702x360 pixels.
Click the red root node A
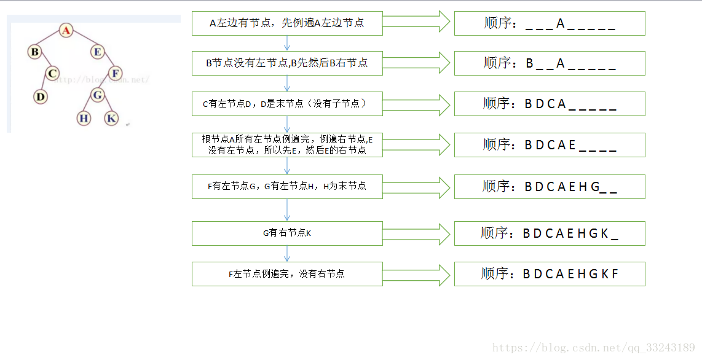click(67, 30)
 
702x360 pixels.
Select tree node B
click(35, 52)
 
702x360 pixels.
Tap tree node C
click(53, 74)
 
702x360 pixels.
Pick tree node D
click(41, 96)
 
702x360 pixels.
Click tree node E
click(98, 52)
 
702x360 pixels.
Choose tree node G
click(97, 95)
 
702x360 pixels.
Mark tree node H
click(84, 118)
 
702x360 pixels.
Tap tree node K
click(111, 118)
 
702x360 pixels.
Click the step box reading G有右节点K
click(287, 233)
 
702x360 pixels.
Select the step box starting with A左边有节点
click(287, 23)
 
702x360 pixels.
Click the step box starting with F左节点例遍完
click(287, 274)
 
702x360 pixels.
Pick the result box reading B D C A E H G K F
click(550, 274)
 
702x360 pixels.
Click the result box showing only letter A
click(550, 23)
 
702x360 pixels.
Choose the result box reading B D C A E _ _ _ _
click(550, 145)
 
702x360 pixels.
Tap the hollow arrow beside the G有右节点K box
click(418, 233)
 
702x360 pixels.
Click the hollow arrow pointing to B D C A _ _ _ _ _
click(418, 104)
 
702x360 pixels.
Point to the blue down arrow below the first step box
click(287, 42)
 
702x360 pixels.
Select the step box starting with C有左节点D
click(287, 104)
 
